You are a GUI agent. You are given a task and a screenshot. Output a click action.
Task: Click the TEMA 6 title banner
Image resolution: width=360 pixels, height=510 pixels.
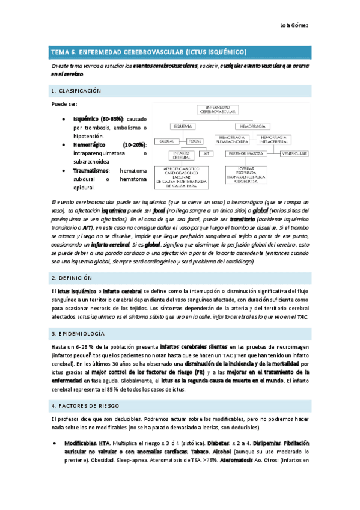click(180, 51)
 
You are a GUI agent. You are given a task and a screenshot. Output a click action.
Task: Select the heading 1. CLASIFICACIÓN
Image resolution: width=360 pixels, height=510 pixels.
click(76, 91)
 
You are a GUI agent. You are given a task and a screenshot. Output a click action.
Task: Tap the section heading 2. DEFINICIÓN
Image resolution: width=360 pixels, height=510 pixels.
click(72, 278)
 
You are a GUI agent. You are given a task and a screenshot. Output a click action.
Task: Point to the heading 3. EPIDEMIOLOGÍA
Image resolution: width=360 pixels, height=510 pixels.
click(78, 333)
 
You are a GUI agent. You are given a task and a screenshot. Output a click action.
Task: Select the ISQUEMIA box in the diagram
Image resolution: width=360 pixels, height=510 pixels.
click(182, 127)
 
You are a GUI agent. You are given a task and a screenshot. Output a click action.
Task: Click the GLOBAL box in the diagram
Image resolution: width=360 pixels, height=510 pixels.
click(166, 140)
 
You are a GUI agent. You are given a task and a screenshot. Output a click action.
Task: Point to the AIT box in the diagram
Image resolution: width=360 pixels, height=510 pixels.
click(205, 153)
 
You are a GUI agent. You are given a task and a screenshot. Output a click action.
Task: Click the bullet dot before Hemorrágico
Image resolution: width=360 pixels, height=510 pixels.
click(64, 145)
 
